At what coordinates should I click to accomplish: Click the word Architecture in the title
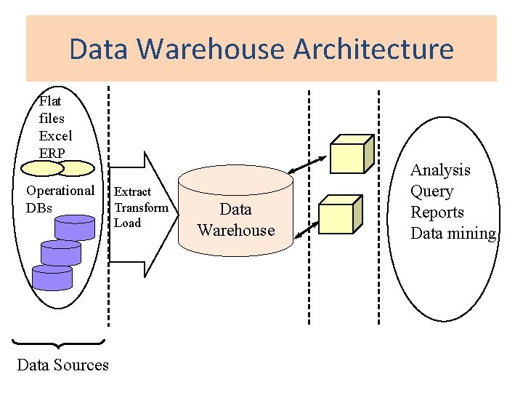pyautogui.click(x=373, y=49)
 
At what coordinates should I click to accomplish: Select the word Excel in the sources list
pyautogui.click(x=55, y=135)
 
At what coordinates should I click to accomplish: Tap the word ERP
pyautogui.click(x=52, y=153)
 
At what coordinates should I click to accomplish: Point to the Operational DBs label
pyautogui.click(x=60, y=199)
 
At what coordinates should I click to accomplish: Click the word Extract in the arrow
pyautogui.click(x=133, y=192)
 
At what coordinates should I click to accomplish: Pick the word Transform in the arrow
pyautogui.click(x=142, y=207)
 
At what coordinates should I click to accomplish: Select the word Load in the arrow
pyautogui.click(x=128, y=223)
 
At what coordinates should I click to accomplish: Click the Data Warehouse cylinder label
pyautogui.click(x=236, y=220)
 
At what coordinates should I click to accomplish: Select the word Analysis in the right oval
pyautogui.click(x=440, y=170)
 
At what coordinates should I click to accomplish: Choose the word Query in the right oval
pyautogui.click(x=431, y=191)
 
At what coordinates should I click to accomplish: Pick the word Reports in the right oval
pyautogui.click(x=437, y=213)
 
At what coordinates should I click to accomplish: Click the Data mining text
pyautogui.click(x=453, y=234)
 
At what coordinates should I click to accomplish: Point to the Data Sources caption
pyautogui.click(x=62, y=365)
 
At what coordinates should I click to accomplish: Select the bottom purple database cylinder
pyautogui.click(x=52, y=277)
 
